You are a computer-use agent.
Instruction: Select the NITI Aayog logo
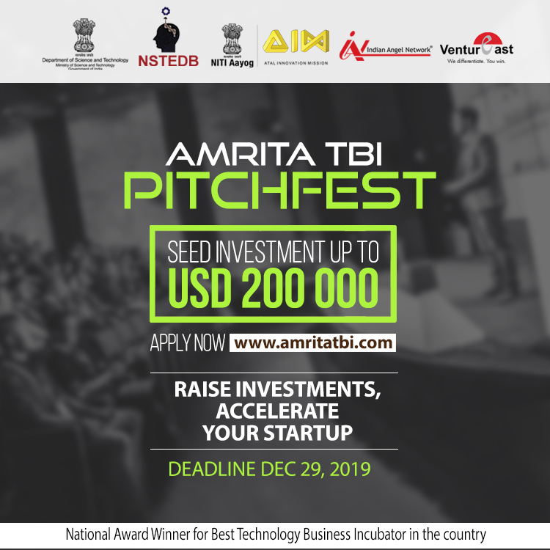point(236,45)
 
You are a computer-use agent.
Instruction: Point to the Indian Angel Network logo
point(385,47)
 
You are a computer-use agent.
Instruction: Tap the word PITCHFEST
point(279,190)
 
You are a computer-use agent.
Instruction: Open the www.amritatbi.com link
point(313,342)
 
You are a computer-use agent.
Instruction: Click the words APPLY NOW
point(187,343)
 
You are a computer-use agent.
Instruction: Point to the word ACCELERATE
point(277,411)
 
